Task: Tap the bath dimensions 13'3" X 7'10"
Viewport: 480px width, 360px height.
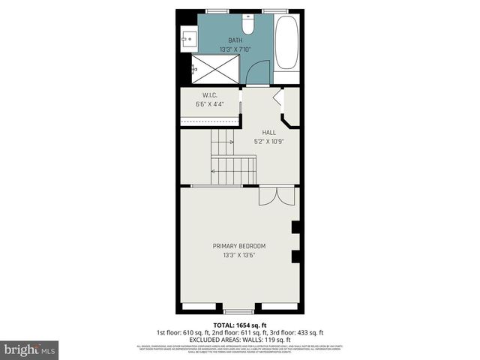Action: (235, 50)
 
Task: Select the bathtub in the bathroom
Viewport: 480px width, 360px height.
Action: (286, 43)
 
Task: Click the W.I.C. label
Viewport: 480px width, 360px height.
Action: (209, 95)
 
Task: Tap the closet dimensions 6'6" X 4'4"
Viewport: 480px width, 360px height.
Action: (209, 103)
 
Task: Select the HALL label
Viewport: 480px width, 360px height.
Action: (258, 132)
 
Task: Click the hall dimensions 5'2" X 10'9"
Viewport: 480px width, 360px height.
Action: (267, 140)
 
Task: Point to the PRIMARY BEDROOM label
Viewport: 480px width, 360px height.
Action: (239, 246)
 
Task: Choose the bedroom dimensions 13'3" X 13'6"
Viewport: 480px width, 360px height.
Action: (239, 255)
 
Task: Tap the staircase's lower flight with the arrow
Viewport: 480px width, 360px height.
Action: (234, 170)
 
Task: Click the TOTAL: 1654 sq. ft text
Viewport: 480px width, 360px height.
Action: (239, 325)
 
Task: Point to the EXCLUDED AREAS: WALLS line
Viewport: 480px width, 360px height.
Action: (239, 339)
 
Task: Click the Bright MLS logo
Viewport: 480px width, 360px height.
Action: (30, 349)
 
